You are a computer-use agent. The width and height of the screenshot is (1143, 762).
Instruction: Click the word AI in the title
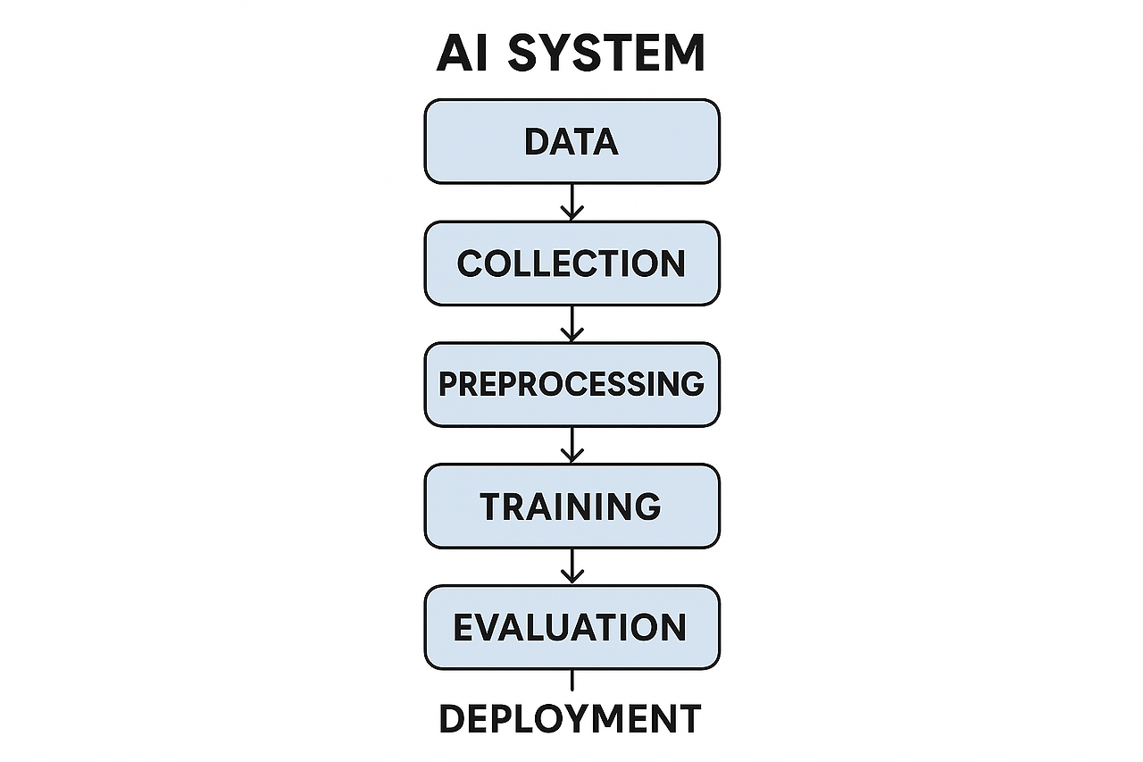click(x=461, y=53)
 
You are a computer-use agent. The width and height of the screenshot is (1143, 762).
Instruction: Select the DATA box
click(x=571, y=141)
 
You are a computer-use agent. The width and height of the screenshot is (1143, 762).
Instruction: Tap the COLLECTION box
click(x=571, y=264)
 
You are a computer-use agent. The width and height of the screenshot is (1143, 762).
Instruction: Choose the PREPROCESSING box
click(x=571, y=384)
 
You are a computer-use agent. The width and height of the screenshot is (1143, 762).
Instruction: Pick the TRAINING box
click(x=571, y=506)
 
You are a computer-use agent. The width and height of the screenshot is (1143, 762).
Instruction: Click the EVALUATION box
click(x=571, y=627)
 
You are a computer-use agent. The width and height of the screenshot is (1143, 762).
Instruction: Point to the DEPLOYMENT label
click(x=571, y=719)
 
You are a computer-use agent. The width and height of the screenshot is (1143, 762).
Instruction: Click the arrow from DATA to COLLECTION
click(x=571, y=203)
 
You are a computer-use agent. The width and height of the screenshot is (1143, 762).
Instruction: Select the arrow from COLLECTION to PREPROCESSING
click(x=571, y=324)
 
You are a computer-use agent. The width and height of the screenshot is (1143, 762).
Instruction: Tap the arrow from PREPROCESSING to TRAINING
click(x=571, y=445)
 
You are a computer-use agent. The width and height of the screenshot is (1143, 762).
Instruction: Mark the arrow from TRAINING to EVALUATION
click(x=571, y=566)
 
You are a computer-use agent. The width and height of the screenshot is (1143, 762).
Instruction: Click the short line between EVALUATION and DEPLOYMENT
click(x=571, y=681)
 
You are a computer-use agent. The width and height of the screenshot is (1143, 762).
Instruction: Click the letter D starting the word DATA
click(x=536, y=142)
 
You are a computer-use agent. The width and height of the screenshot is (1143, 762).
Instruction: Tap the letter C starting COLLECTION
click(x=470, y=264)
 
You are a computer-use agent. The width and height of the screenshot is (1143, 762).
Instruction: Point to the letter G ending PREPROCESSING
click(x=691, y=384)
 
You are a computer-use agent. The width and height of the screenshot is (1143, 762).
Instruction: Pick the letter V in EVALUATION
click(x=489, y=628)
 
